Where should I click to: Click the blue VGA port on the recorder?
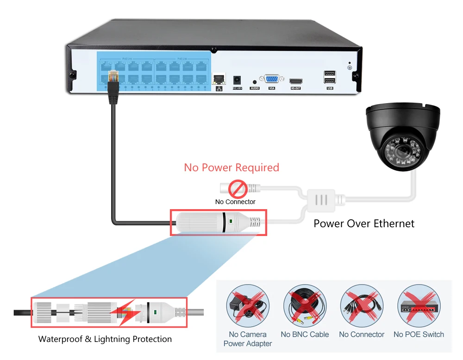point(271,79)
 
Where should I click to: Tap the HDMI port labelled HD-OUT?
point(295,80)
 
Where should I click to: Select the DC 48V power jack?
point(238,79)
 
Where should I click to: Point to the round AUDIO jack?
point(255,81)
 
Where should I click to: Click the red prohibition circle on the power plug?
point(238,189)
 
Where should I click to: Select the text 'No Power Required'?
point(231,167)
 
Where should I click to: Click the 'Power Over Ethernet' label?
point(364,223)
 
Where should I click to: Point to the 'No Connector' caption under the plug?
point(235,202)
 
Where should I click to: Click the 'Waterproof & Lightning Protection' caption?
point(105,339)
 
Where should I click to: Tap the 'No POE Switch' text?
point(419,334)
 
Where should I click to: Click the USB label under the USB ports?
point(330,88)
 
